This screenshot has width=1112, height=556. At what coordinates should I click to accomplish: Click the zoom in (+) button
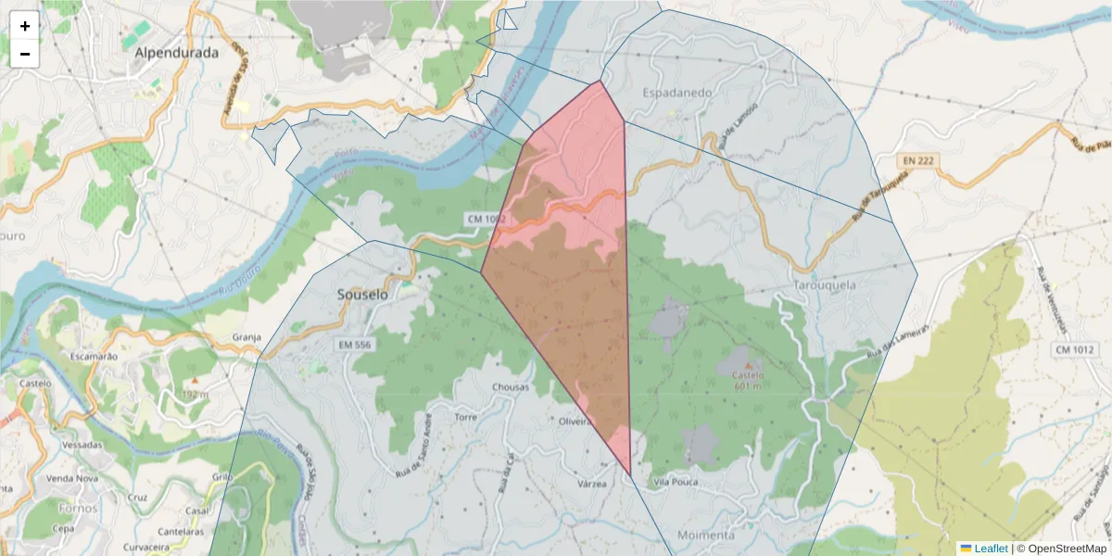[x=25, y=26]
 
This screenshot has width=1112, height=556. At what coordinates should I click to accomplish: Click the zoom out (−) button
[x=25, y=54]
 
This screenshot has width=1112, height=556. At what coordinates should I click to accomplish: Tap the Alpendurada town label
[x=177, y=53]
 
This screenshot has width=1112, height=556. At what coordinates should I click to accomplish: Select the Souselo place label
[x=362, y=295]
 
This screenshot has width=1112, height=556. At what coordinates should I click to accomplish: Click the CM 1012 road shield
[x=1075, y=349]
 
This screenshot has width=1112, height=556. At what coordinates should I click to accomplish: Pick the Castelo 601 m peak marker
[x=749, y=365]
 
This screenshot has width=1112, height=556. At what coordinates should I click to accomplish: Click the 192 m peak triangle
[x=195, y=381]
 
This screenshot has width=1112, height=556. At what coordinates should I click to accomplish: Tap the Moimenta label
[x=706, y=536]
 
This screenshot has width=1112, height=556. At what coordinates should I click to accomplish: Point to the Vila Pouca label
[x=675, y=483]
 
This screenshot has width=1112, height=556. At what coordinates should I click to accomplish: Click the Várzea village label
[x=591, y=484]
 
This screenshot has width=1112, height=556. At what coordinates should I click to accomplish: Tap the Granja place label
[x=246, y=337]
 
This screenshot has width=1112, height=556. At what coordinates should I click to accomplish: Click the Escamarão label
[x=94, y=356]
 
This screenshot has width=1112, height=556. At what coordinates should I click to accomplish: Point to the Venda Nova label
[x=72, y=478]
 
